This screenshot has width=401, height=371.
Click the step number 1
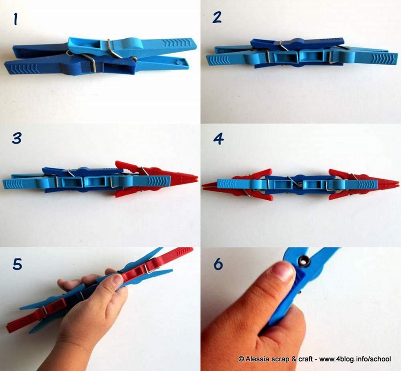point(15,19)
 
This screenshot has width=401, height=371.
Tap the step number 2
point(217,18)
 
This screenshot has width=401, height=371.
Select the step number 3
point(16,139)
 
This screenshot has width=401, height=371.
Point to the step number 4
point(218,139)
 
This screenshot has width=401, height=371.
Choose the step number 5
point(17,264)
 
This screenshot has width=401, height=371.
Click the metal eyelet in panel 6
point(304,261)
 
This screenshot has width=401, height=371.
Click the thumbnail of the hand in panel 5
point(118,280)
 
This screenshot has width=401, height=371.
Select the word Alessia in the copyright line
point(258,359)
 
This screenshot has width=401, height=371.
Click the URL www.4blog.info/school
point(355,359)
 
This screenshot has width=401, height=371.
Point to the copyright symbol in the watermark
point(241,359)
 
